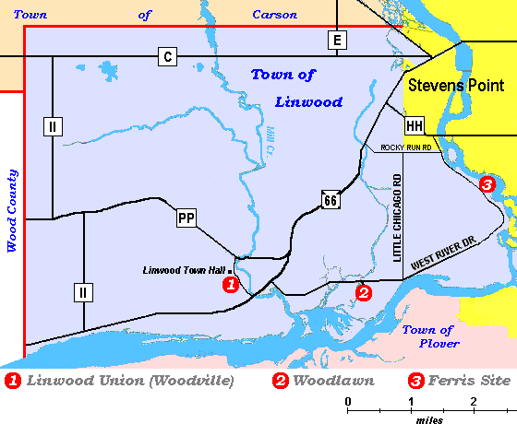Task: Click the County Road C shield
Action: point(167,55)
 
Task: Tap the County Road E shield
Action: point(337,40)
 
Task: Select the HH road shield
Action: point(415,125)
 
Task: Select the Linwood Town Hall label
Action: point(182,270)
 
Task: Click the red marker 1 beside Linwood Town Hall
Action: point(231,284)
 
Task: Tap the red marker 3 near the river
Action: point(487,184)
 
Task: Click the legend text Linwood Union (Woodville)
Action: point(130,380)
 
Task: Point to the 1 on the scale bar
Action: point(411,401)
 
